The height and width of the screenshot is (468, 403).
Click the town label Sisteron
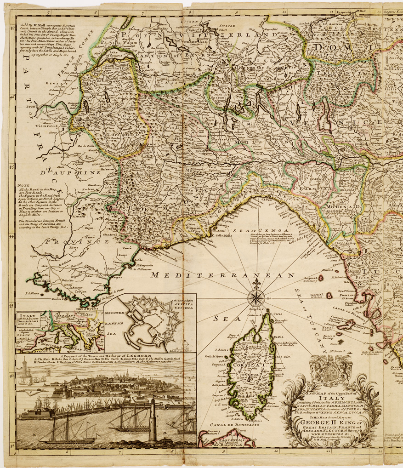[72, 215]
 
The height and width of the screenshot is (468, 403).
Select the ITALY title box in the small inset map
[29, 319]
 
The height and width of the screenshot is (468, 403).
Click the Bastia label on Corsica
[279, 337]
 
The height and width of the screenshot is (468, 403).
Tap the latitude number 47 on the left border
[11, 28]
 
